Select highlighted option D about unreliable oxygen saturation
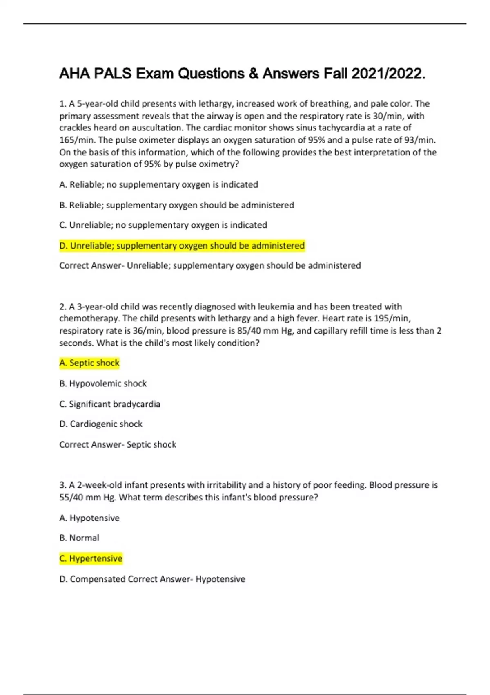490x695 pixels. coord(182,246)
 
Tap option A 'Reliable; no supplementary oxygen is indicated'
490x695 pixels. coord(158,185)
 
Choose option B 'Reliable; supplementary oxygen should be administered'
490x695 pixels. coord(176,205)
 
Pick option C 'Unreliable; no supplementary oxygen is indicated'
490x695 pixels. coord(163,225)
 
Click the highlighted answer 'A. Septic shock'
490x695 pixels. coord(89,363)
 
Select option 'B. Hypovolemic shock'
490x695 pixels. coord(103,383)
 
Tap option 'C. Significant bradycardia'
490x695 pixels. coord(109,404)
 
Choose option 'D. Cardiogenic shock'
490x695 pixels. coord(101,424)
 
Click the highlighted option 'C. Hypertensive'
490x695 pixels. coord(91,558)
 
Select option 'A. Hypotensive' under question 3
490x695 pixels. coord(89,518)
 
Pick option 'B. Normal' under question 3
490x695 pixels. coord(79,538)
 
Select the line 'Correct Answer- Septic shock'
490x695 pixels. coord(118,444)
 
